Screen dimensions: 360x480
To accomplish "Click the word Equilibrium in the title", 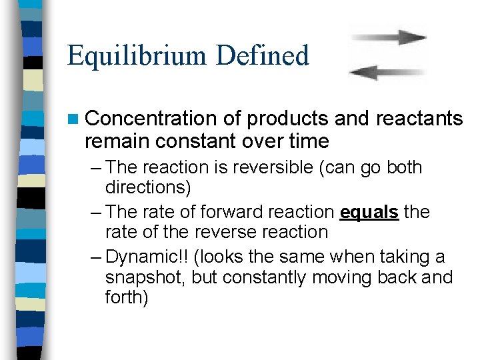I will pyautogui.click(x=136, y=56).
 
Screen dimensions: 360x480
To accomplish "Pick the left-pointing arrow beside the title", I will pyautogui.click(x=387, y=71).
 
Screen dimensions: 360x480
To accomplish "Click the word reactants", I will pyautogui.click(x=419, y=119).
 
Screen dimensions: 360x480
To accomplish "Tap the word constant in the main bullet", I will pyautogui.click(x=193, y=141).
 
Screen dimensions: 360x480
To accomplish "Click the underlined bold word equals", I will pyautogui.click(x=369, y=213).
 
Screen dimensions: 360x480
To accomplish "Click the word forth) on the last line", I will pyautogui.click(x=127, y=297).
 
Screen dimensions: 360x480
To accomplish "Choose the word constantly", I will pyautogui.click(x=267, y=277).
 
